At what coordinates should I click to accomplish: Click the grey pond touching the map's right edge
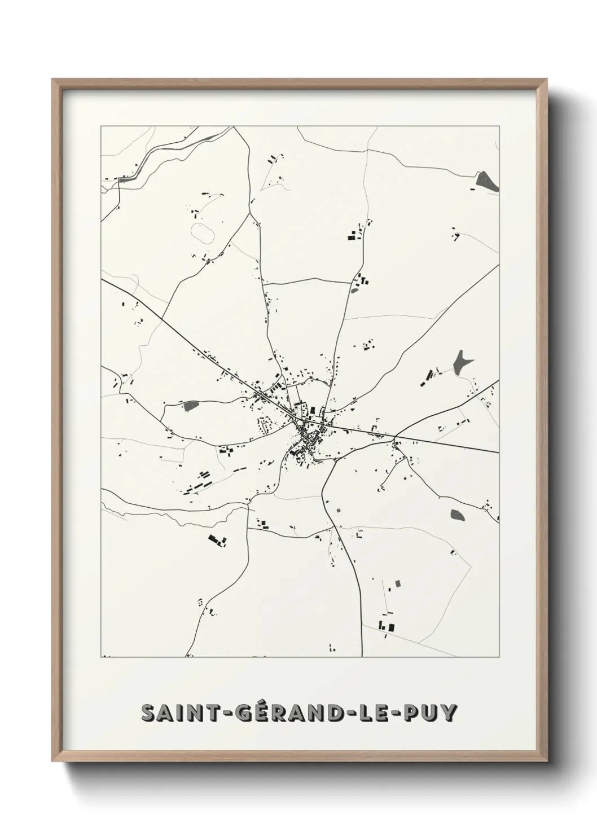486,181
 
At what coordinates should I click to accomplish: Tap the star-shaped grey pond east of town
462,361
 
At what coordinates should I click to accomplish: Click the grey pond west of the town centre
191,405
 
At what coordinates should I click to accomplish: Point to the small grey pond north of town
354,291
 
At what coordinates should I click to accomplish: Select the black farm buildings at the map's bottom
386,625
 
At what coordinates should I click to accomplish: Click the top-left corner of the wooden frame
53,80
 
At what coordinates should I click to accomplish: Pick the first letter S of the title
148,713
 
